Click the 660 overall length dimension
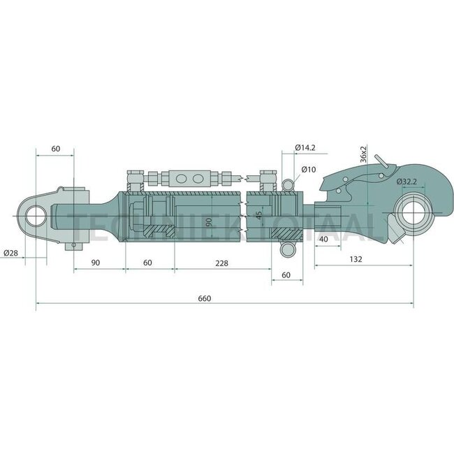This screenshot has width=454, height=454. point(204,298)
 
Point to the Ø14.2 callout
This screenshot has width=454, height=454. point(306,148)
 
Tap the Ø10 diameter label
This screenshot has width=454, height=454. point(309,170)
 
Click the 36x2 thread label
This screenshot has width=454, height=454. point(364,154)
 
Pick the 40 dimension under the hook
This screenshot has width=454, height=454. point(323,240)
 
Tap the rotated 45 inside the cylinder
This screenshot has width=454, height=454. point(259,215)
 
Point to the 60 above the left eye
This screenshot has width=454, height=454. point(57,148)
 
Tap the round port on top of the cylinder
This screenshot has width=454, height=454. point(289,184)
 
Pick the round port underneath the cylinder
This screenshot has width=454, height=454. point(286,250)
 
